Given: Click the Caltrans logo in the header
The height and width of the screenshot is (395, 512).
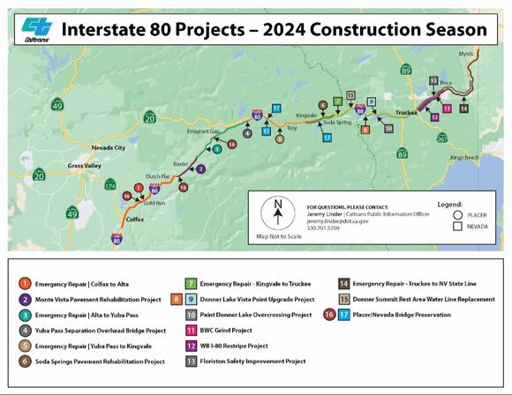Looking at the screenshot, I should tap(34, 28).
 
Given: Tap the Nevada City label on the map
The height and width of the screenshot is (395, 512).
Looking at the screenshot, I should tap(105, 148).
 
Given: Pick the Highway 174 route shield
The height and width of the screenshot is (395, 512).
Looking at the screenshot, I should tap(110, 185).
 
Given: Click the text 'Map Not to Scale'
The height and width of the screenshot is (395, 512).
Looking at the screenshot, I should tap(277, 236).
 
